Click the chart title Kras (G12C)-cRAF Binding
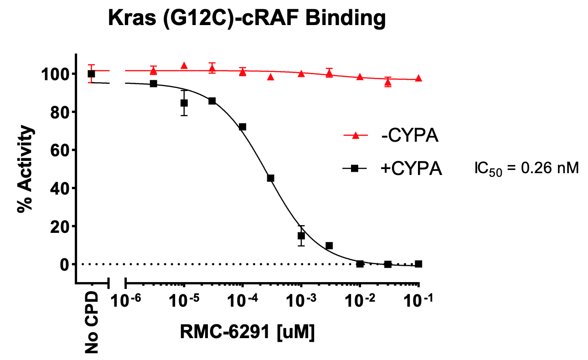tap(247, 19)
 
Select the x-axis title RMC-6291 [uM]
tap(248, 332)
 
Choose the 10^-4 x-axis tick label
tap(242, 301)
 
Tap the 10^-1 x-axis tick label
tap(418, 301)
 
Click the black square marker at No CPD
tap(91, 74)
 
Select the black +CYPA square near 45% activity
tap(270, 178)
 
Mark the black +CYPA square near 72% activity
tap(242, 127)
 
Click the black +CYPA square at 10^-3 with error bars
tap(301, 236)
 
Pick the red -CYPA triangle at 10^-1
tap(418, 78)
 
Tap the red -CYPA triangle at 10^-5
tap(184, 66)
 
